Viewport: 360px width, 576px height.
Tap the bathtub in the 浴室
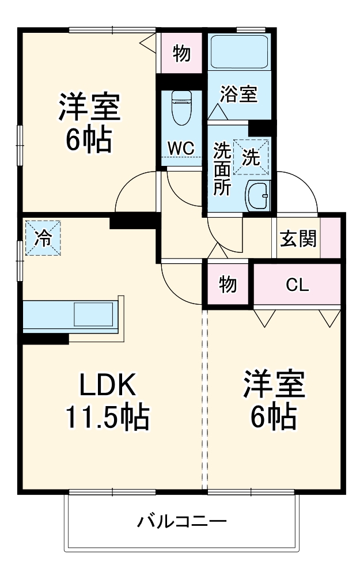tap(239, 52)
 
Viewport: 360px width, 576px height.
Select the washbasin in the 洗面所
tap(257, 196)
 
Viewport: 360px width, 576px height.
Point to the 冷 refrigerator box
tap(43, 237)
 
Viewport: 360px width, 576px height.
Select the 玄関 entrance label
tap(298, 238)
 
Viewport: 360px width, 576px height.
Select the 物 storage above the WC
tap(181, 54)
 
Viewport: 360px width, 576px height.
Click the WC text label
tap(180, 147)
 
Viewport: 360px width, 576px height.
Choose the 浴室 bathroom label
tap(239, 94)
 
